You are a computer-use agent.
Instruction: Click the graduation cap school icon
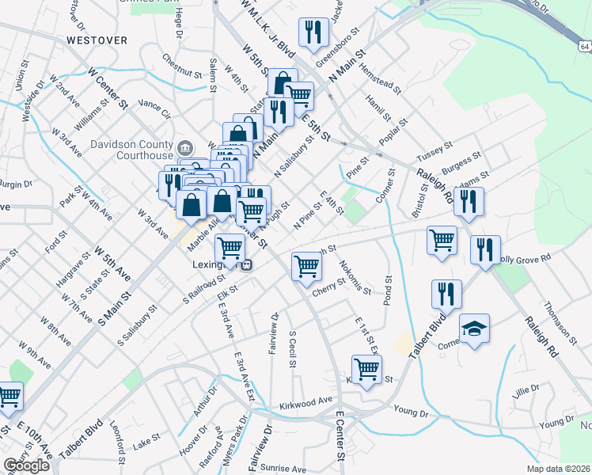coord(474,329)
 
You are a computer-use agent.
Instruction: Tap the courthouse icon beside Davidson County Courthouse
coord(185,147)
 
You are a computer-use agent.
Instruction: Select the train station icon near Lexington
coord(247,265)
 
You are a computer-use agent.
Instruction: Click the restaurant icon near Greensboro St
coord(313,32)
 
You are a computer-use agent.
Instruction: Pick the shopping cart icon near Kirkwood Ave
coord(366,369)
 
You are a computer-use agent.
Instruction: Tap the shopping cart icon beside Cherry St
coord(306,265)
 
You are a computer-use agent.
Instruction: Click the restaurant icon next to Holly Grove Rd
coord(484,249)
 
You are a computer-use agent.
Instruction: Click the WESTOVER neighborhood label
coord(97,39)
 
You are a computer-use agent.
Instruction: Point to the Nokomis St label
coord(355,277)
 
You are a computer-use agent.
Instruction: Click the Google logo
coord(26,465)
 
